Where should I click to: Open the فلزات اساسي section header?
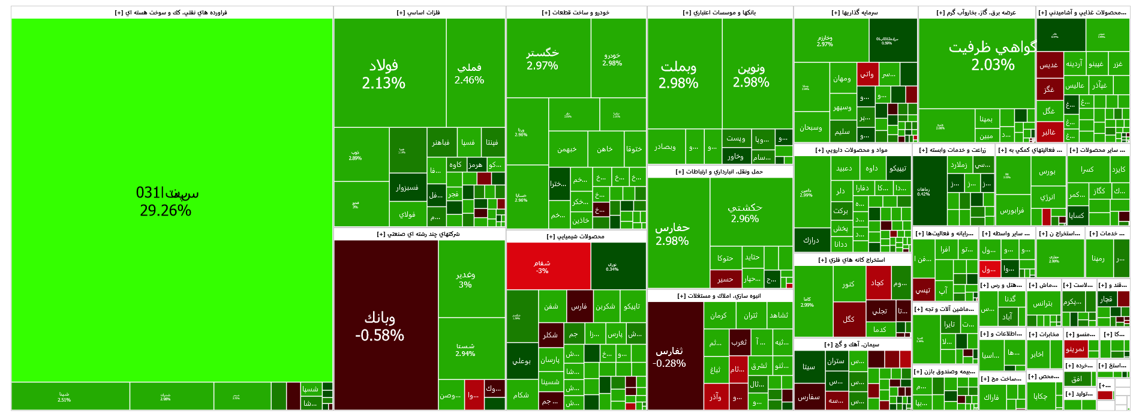pyautogui.click(x=419, y=13)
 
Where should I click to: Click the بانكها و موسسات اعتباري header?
pyautogui.click(x=720, y=13)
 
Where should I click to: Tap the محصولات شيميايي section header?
pyautogui.click(x=576, y=237)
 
